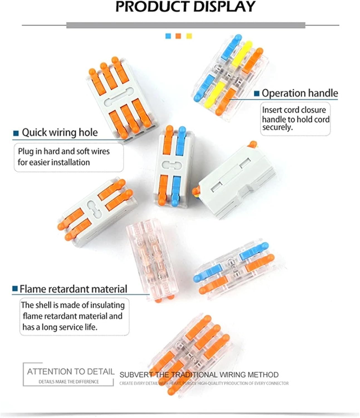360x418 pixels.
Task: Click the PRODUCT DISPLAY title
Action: pos(185,7)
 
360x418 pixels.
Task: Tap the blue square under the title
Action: pos(168,36)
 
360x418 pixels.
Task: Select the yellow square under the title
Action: pos(189,36)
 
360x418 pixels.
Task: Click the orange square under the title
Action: pos(178,36)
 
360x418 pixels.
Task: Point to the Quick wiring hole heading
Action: pos(60,132)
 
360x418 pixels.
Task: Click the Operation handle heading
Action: pos(300,93)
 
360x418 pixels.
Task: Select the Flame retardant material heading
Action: pos(73,289)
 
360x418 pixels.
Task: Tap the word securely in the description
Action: pos(277,128)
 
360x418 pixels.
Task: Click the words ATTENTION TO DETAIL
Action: pos(71,371)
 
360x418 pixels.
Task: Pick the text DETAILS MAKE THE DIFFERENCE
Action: pos(69,382)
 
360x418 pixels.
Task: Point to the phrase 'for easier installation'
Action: pos(54,162)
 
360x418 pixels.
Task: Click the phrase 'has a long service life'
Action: pos(60,327)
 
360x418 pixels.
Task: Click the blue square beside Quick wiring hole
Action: pos(16,133)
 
